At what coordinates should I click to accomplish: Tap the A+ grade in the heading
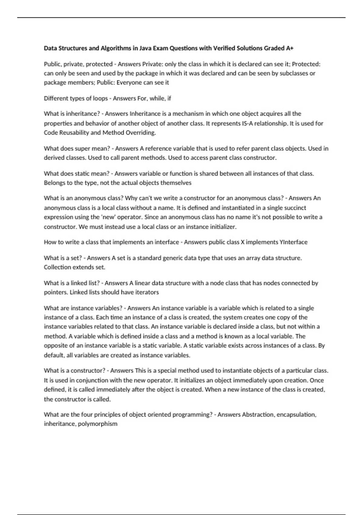point(289,48)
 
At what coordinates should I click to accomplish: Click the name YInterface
point(294,242)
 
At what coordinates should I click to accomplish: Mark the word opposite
point(54,345)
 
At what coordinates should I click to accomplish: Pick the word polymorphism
point(97,424)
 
